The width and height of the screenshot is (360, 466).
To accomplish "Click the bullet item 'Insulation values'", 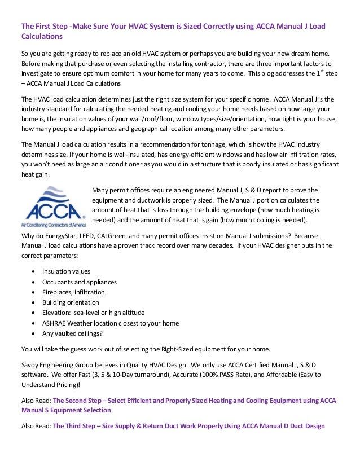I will [x=66, y=271].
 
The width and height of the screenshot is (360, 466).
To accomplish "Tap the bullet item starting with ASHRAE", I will [x=110, y=323].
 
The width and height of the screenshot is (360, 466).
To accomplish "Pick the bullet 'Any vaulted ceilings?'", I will [x=72, y=333].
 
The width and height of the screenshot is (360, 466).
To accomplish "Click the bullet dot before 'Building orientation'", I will [x=36, y=302].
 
